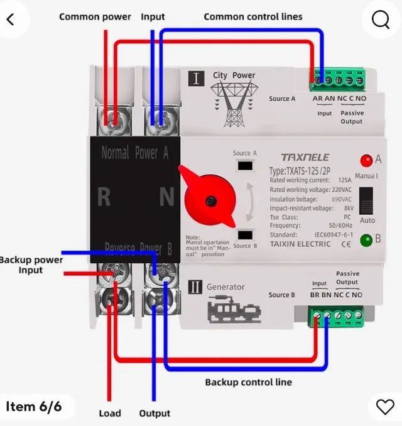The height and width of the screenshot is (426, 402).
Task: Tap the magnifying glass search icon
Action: click(381, 20)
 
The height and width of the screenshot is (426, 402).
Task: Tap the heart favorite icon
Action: click(384, 407)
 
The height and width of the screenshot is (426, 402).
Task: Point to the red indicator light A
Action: click(366, 160)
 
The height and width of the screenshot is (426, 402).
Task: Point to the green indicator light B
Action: click(366, 240)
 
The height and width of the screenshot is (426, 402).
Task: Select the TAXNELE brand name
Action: click(304, 157)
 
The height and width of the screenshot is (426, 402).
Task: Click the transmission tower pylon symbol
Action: click(234, 104)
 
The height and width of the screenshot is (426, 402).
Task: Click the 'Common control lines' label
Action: click(253, 17)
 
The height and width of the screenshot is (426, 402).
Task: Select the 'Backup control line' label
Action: click(248, 381)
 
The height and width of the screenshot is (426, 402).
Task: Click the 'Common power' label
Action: click(95, 17)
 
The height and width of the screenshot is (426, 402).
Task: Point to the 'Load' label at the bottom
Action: click(110, 413)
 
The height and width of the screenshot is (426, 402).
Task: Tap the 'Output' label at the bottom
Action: click(155, 413)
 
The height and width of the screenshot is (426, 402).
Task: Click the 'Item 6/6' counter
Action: click(34, 407)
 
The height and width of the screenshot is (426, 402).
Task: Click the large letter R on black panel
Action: click(104, 197)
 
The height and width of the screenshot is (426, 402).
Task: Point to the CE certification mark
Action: click(345, 244)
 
